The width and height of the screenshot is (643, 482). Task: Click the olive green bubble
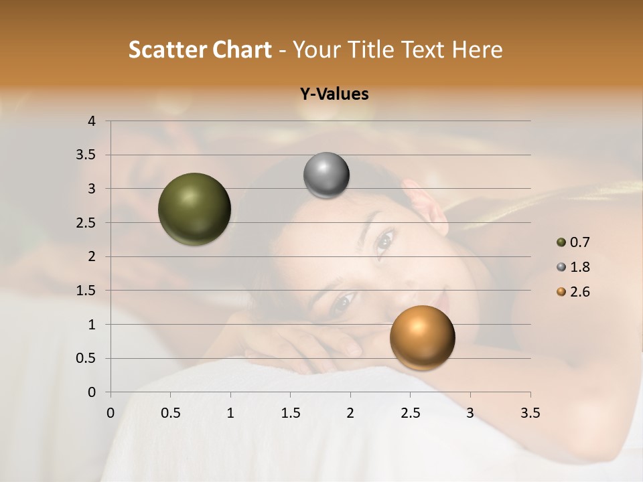coord(194,209)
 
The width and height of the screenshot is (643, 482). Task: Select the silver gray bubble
coord(326,175)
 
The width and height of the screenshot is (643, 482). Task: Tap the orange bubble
coord(422,337)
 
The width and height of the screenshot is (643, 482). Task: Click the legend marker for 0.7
coord(561,242)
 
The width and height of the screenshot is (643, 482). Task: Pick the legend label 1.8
coord(579,267)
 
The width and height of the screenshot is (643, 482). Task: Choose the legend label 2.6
coord(579,292)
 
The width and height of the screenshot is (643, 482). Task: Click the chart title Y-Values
coord(334,94)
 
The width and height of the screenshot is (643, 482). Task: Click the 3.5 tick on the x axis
coord(530,413)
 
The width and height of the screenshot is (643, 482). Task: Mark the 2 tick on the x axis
coord(350,413)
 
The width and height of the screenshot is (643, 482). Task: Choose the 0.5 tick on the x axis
coord(170,413)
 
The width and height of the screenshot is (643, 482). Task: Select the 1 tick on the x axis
coord(230,413)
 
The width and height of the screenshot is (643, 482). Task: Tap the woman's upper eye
coord(384,240)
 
